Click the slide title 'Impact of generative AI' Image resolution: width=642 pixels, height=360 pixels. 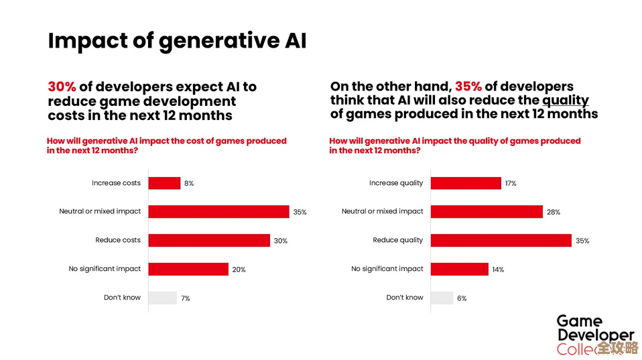point(177,41)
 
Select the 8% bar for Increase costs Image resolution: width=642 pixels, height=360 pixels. point(164,183)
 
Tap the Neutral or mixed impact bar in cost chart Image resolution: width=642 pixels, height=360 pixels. point(218,212)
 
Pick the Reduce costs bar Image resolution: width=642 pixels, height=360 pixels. point(208,240)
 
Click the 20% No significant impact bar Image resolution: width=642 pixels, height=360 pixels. point(188,269)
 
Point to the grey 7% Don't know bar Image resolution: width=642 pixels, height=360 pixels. point(162,298)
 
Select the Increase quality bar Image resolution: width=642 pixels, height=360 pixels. point(466,183)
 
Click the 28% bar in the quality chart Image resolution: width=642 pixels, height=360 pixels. point(487,212)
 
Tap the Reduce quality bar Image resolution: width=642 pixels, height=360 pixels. point(501,240)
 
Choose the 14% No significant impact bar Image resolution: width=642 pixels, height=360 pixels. point(460,269)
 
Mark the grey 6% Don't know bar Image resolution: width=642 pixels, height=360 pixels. point(442,298)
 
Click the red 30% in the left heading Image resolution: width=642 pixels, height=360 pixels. point(62,87)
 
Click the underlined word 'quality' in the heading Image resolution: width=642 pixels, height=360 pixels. point(565,101)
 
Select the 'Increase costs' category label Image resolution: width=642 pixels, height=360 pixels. point(116,183)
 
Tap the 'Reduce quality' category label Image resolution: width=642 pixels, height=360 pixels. point(398,240)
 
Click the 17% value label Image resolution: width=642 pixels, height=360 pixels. point(510,183)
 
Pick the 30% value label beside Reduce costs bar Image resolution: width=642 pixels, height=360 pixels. point(280,241)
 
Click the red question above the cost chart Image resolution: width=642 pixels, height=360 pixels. point(167,145)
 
